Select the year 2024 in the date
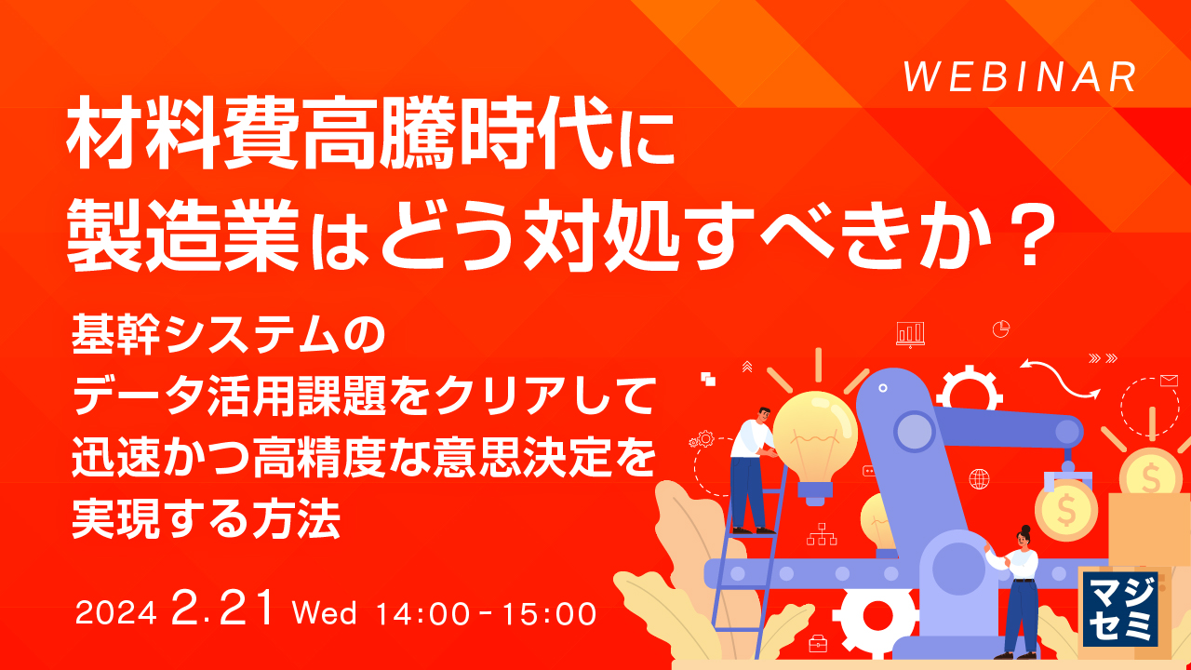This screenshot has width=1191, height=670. click(x=116, y=614)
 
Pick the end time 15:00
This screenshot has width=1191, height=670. click(x=549, y=614)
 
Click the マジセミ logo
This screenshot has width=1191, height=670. click(x=1120, y=609)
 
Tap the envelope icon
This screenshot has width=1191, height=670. click(x=1170, y=381)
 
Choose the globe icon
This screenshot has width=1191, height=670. click(x=979, y=479)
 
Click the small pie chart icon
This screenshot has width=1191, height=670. click(x=1001, y=328)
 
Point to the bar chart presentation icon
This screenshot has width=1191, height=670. click(x=910, y=333)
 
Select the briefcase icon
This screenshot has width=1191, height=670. click(x=818, y=643)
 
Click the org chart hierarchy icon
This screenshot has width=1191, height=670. click(x=822, y=534)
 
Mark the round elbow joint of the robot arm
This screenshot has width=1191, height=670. click(x=914, y=432)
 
